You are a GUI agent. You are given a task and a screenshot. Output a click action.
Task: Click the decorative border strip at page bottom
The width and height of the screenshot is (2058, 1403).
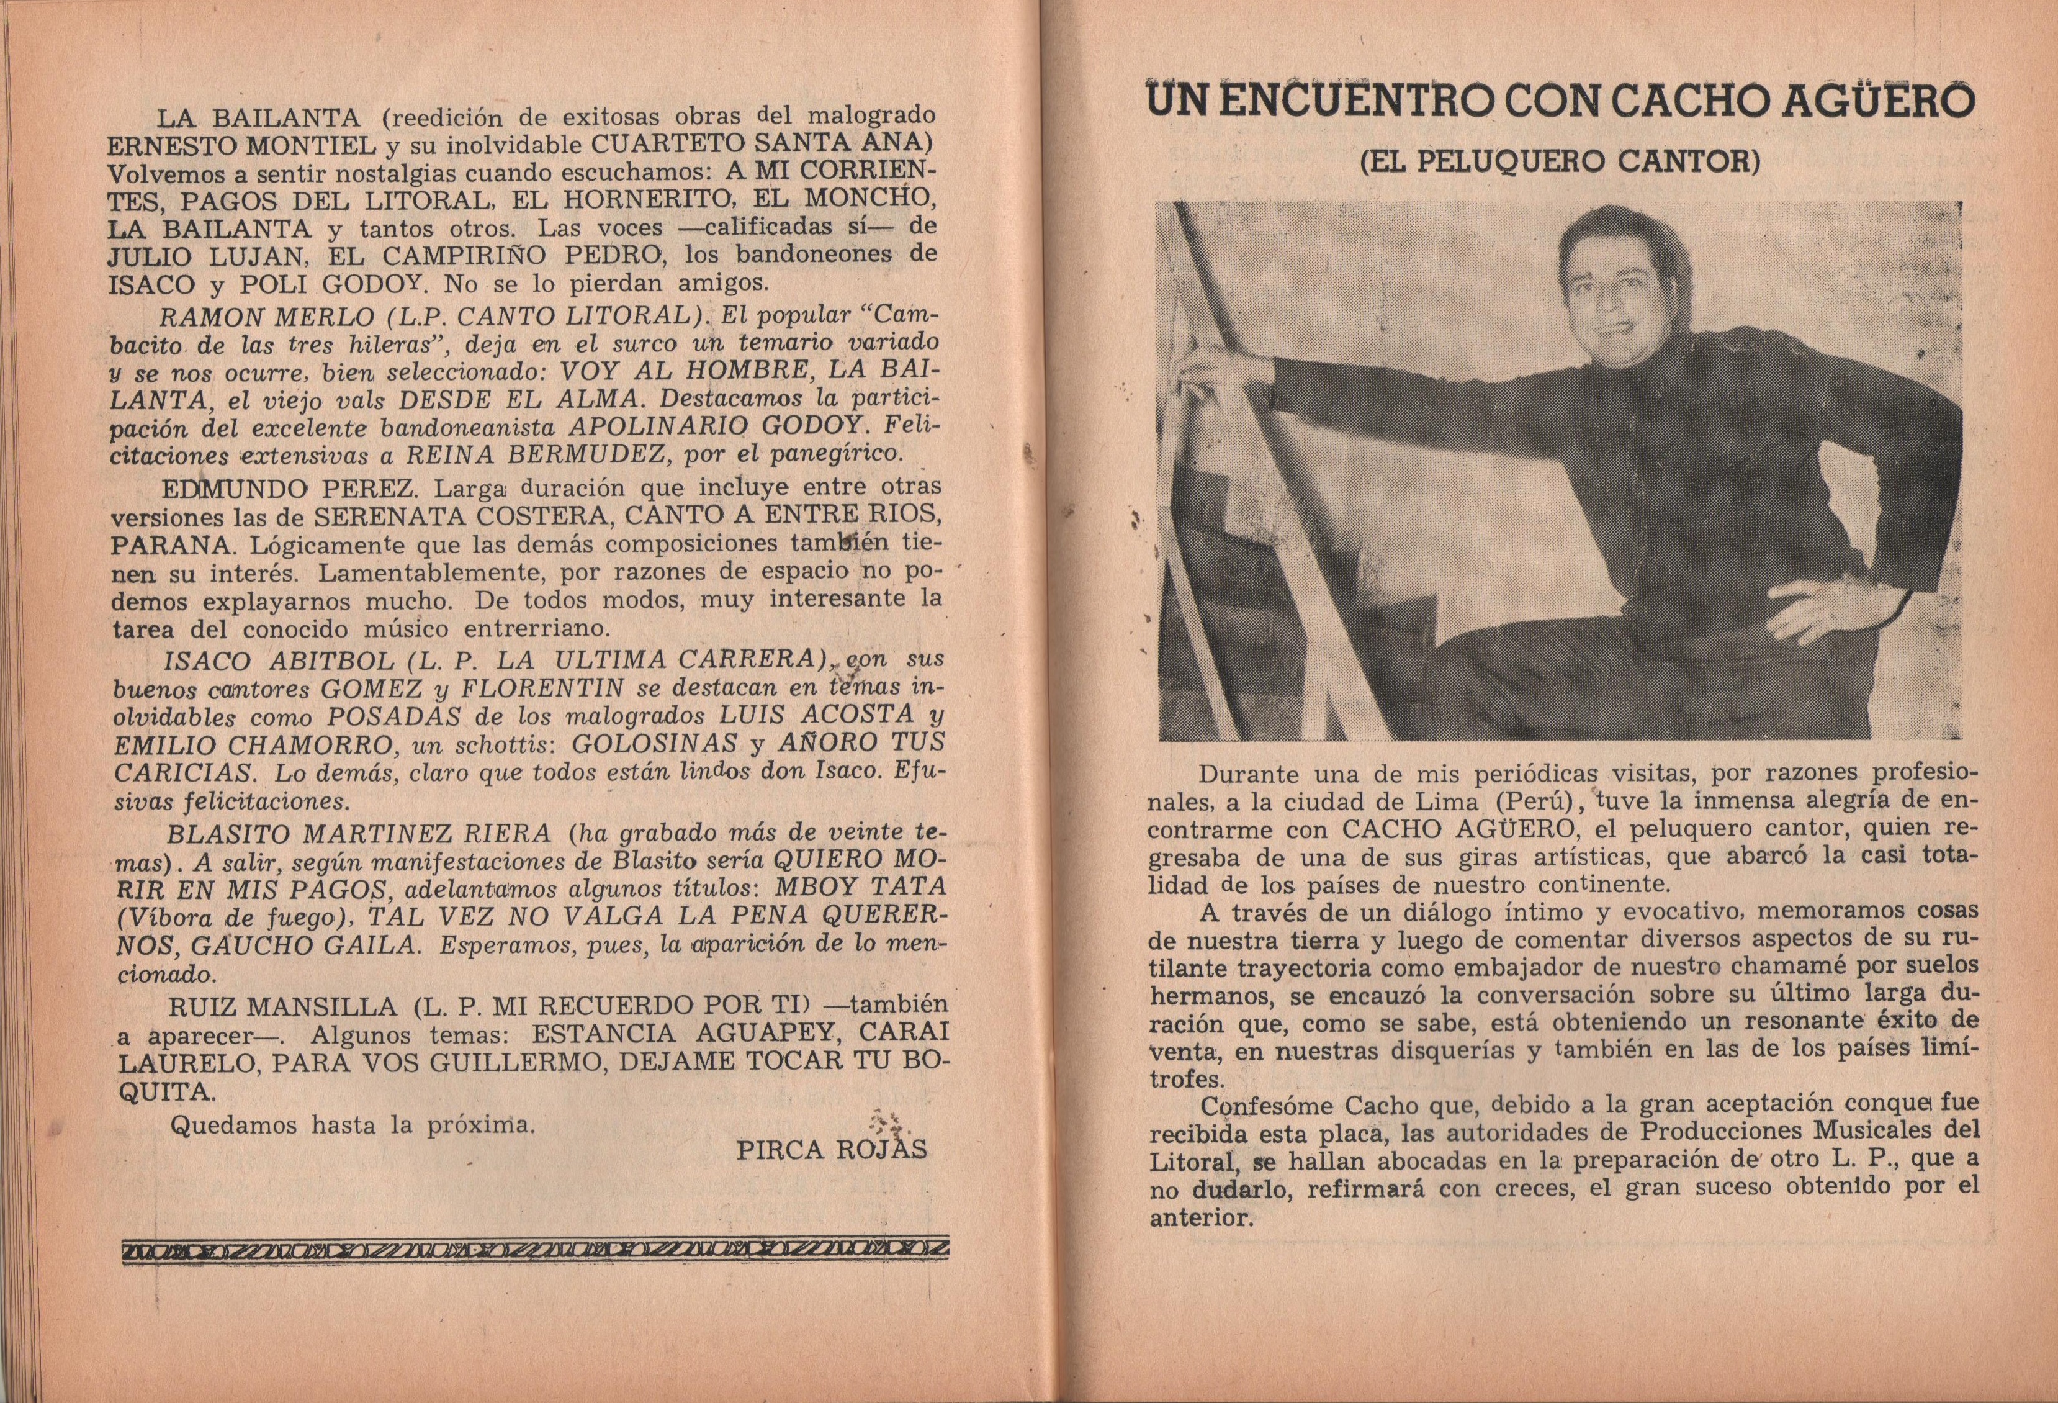point(536,1250)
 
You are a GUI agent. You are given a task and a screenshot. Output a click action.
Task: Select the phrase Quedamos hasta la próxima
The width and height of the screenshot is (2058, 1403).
point(353,1126)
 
